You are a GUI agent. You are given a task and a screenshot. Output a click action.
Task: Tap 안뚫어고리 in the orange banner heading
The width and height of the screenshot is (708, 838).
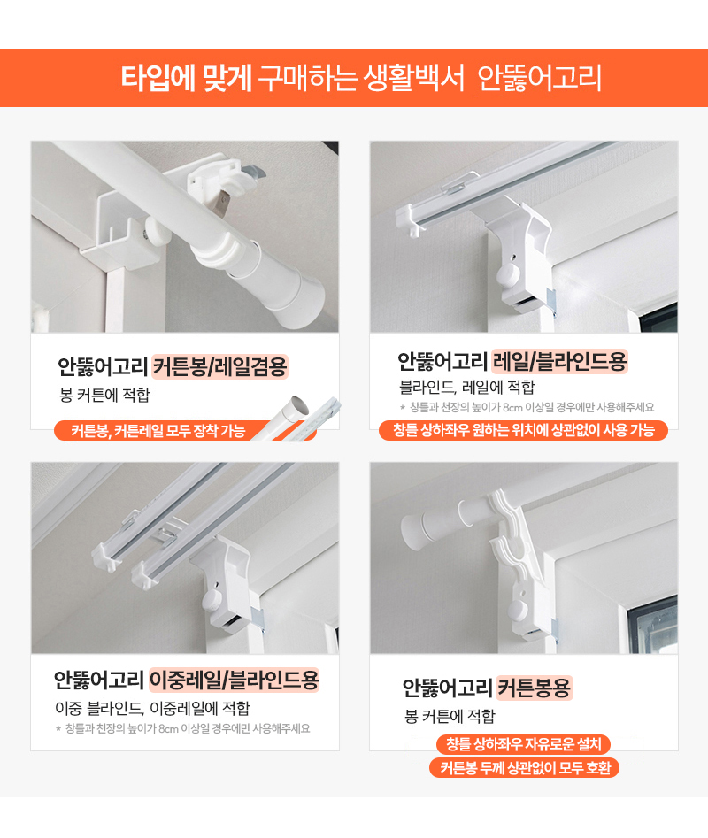tap(539, 78)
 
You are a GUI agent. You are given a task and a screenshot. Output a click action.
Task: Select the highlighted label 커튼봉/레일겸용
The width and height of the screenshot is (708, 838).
tap(219, 366)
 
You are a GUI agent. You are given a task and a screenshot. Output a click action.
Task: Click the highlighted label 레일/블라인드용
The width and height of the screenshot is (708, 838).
tap(559, 361)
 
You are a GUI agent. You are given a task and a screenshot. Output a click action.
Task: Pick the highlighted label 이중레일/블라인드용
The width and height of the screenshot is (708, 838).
tap(234, 680)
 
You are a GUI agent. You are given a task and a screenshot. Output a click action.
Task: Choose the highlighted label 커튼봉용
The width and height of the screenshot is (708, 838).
tap(534, 688)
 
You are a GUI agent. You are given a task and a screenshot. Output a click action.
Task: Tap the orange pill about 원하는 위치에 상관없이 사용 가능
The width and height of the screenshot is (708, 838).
tap(524, 430)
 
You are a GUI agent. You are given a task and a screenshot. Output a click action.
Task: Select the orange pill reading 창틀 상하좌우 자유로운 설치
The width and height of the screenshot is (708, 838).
tap(523, 744)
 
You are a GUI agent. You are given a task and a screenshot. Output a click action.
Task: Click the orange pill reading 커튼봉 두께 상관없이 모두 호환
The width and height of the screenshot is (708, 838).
tap(524, 768)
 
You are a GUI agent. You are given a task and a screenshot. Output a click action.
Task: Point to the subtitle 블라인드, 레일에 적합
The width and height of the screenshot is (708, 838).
tap(467, 387)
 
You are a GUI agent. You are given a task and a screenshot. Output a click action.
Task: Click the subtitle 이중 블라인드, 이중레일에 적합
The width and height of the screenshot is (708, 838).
tap(153, 709)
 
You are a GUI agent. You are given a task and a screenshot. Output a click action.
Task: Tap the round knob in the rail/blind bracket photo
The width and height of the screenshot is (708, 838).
tap(508, 275)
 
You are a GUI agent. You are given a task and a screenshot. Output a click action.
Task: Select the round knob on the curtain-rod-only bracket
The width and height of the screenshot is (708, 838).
tap(517, 611)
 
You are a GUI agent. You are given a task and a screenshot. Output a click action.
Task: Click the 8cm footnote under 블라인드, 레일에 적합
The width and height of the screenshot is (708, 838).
tap(527, 407)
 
